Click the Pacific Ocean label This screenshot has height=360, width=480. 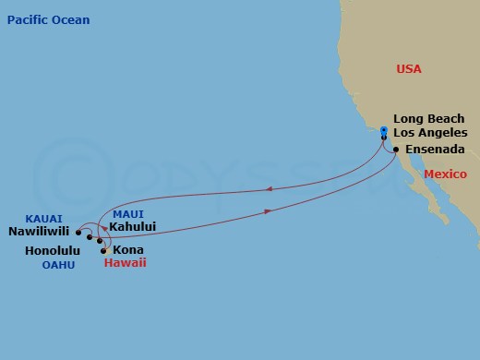tap(47, 19)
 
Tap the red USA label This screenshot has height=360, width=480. tap(409, 68)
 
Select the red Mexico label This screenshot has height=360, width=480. tap(446, 174)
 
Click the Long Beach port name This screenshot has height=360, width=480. tap(429, 119)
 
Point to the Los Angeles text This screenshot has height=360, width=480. tap(430, 133)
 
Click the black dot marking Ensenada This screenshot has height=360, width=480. tap(395, 149)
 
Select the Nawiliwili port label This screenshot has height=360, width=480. tap(40, 233)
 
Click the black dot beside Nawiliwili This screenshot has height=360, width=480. tap(79, 233)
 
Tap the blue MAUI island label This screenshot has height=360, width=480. tap(127, 214)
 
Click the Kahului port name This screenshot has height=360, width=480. tap(132, 226)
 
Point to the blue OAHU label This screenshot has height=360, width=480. tap(57, 265)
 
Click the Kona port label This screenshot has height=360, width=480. tap(127, 249)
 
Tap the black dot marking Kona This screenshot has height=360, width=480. tap(104, 249)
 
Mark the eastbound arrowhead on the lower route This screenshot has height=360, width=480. tap(269, 210)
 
